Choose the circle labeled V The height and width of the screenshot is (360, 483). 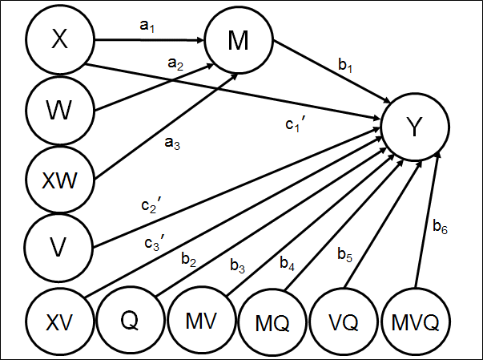tap(59, 247)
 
